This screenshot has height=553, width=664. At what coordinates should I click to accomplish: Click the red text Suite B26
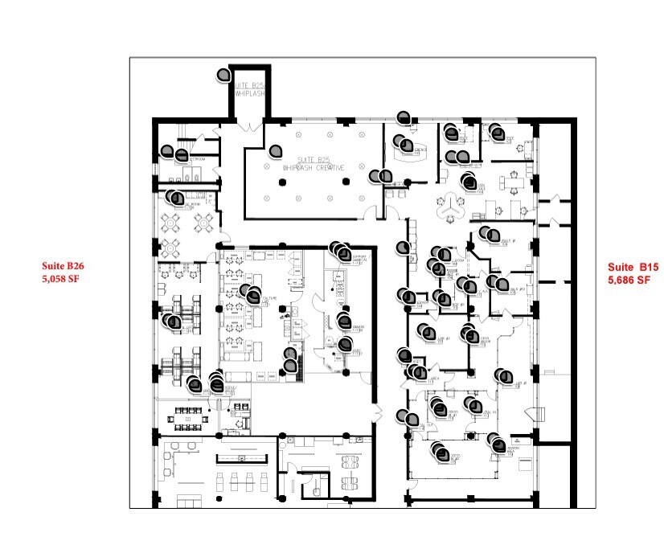(64, 265)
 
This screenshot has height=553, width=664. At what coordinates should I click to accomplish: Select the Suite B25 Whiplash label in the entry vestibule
(250, 88)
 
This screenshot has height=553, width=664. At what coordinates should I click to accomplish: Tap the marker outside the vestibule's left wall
(224, 75)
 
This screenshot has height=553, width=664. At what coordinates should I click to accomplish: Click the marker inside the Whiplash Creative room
(276, 150)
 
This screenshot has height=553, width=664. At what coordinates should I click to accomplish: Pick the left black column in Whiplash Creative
(281, 182)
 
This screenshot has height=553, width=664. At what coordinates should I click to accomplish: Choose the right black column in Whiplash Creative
(346, 182)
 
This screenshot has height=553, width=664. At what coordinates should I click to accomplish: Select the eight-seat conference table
(348, 470)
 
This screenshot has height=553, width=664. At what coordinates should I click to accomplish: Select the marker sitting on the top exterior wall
(403, 117)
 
